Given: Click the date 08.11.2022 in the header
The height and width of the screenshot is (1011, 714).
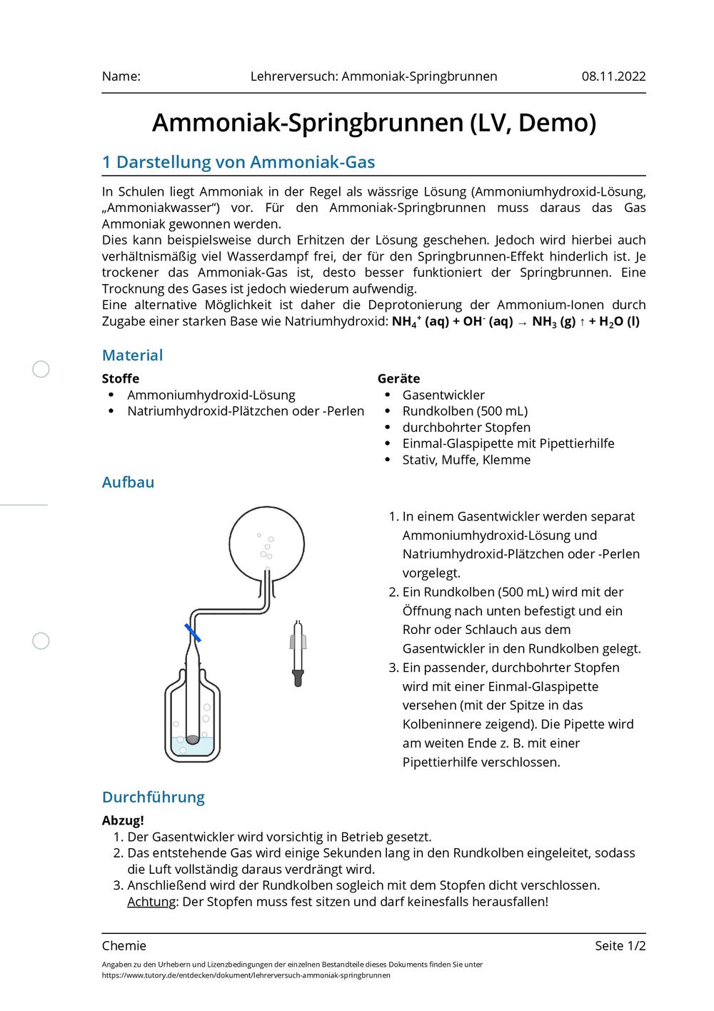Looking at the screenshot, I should click(613, 76).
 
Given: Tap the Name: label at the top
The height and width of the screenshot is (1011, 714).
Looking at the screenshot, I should click(121, 76).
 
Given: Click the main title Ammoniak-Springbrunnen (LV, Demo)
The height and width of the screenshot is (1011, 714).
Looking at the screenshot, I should click(373, 123).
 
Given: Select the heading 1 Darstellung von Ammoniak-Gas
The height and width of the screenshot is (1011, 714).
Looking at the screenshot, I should click(238, 162).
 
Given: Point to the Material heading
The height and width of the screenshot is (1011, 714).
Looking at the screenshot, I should click(132, 355).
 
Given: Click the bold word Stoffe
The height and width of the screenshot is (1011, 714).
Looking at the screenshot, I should click(121, 378).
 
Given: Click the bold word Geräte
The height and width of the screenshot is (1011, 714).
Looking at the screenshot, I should click(398, 378).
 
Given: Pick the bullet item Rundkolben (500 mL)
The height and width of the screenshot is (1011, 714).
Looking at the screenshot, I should click(465, 411).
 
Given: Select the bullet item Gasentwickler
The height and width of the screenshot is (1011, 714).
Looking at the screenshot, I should click(443, 395).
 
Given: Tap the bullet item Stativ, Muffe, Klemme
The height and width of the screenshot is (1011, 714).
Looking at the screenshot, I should click(466, 460).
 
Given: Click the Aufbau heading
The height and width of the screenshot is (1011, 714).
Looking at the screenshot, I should click(128, 482).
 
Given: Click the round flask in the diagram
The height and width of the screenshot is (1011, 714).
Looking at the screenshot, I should click(266, 544).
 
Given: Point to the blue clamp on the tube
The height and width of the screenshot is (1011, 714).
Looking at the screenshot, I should click(192, 633).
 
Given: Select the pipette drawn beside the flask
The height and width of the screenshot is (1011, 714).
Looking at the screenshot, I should click(298, 653).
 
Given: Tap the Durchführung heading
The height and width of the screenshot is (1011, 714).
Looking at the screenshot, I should click(154, 797).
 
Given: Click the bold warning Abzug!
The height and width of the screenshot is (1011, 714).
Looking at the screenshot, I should click(123, 820).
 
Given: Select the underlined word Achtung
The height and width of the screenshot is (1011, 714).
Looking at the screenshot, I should click(151, 902).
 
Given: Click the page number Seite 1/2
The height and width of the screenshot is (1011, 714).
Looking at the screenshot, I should click(620, 945).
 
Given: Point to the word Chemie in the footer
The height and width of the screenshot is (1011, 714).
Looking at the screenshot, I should click(124, 945).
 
